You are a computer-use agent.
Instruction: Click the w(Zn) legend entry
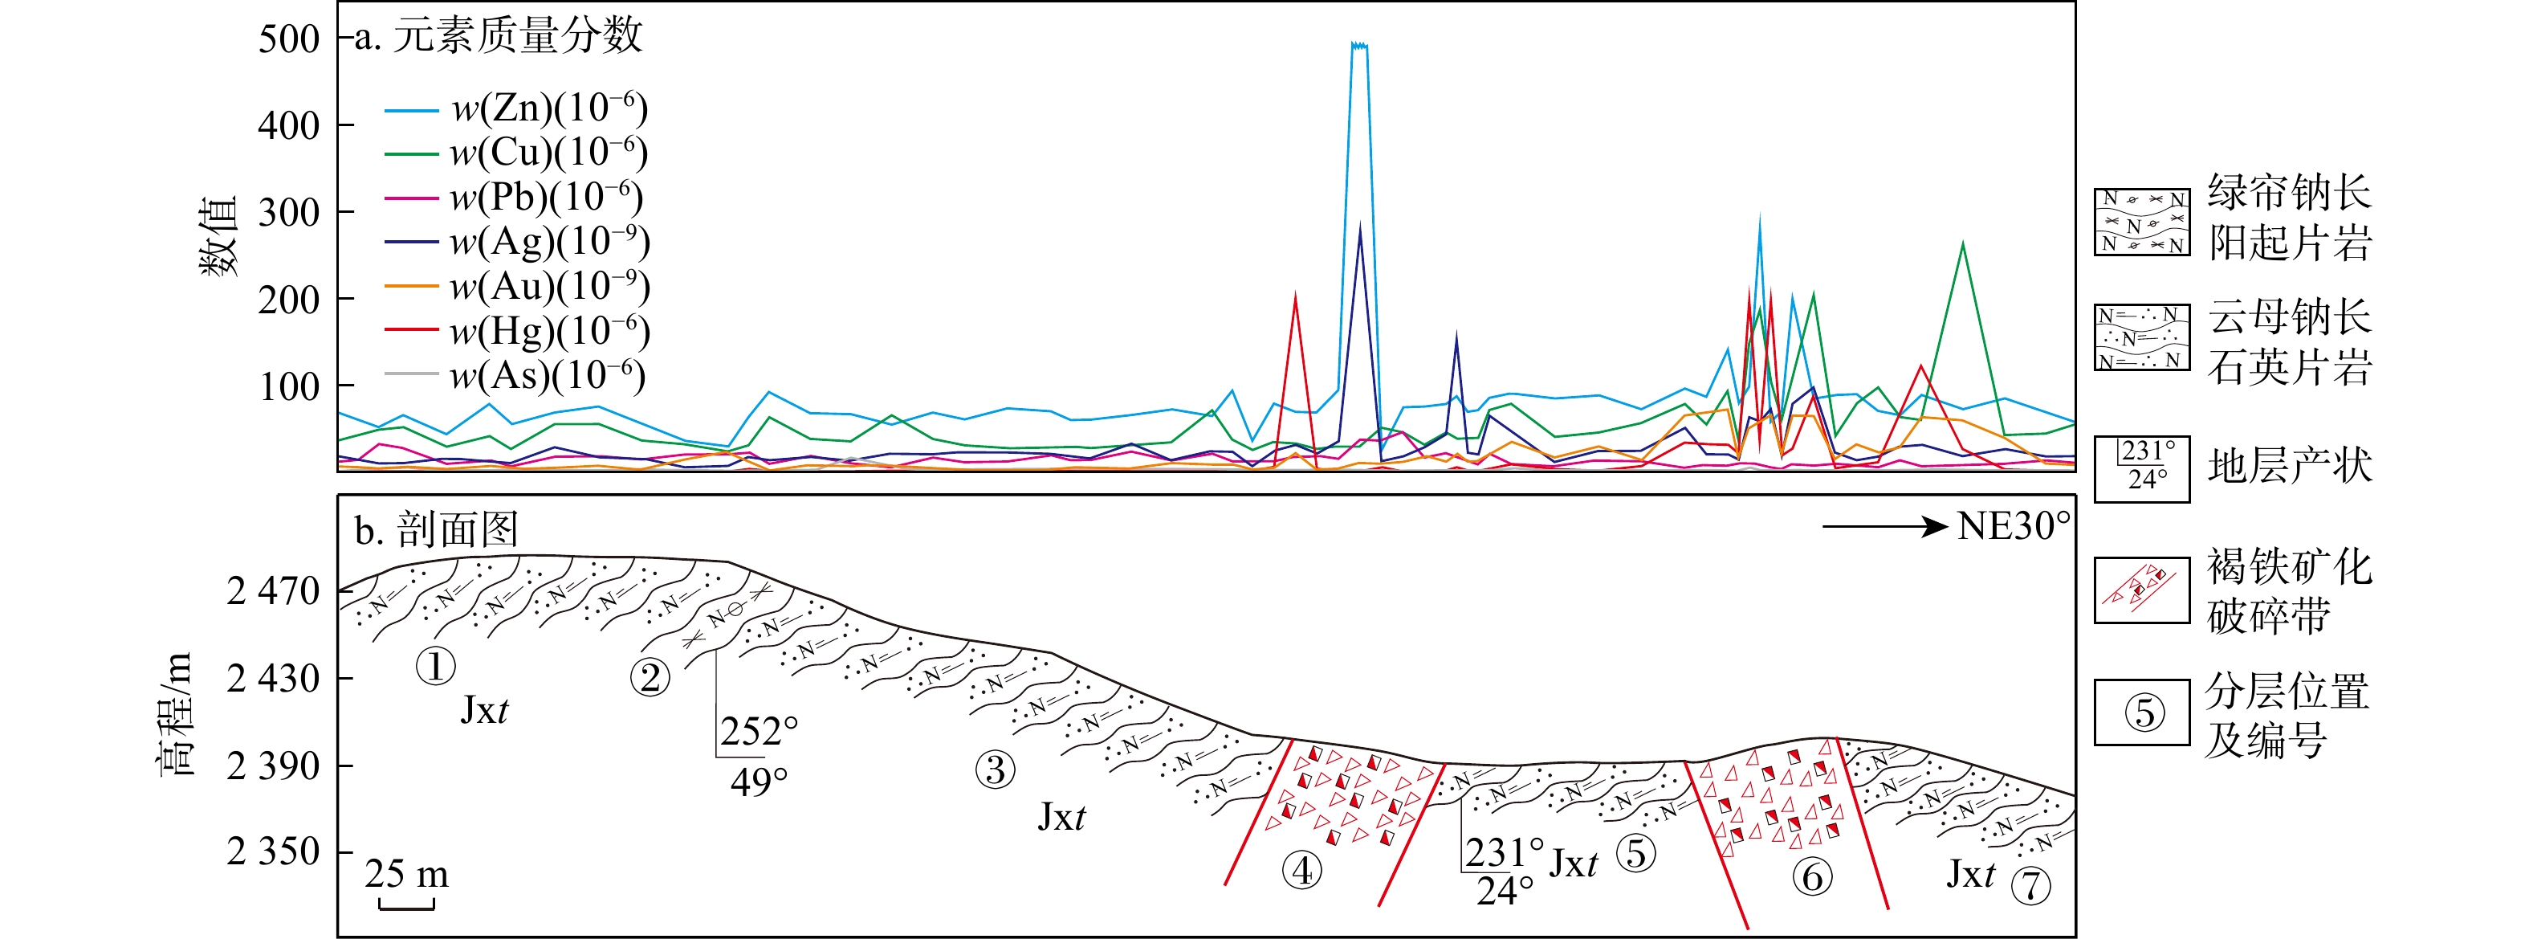click(516, 108)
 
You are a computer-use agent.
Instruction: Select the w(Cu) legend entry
click(516, 153)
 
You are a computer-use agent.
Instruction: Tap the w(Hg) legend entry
click(516, 330)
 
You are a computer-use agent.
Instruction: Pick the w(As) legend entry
click(516, 374)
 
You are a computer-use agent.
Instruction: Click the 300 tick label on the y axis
click(289, 212)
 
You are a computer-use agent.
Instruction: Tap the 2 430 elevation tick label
click(273, 678)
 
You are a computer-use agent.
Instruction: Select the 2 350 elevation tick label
click(273, 851)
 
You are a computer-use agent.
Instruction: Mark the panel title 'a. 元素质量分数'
click(498, 36)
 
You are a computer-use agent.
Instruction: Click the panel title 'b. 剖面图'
click(436, 530)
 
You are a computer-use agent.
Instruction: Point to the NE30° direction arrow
click(1884, 528)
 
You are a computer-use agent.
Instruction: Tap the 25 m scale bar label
click(406, 873)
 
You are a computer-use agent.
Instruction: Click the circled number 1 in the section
click(435, 667)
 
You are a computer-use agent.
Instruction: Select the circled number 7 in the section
click(2031, 886)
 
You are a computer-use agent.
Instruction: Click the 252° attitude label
click(759, 732)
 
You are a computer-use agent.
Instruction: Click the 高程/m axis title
click(177, 713)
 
